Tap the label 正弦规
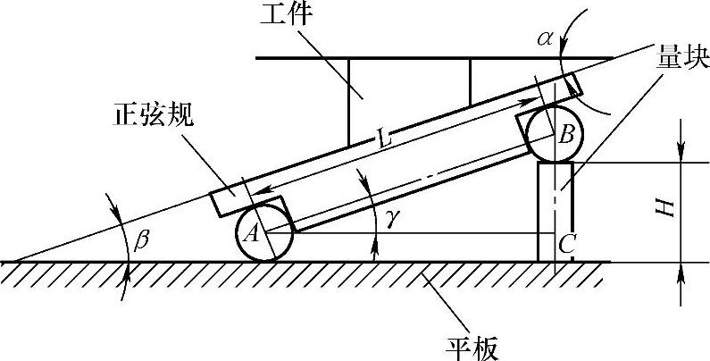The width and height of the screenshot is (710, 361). [153, 118]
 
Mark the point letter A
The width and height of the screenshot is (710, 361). [254, 234]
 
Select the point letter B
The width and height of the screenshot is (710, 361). [564, 136]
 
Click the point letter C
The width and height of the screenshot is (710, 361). [566, 241]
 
